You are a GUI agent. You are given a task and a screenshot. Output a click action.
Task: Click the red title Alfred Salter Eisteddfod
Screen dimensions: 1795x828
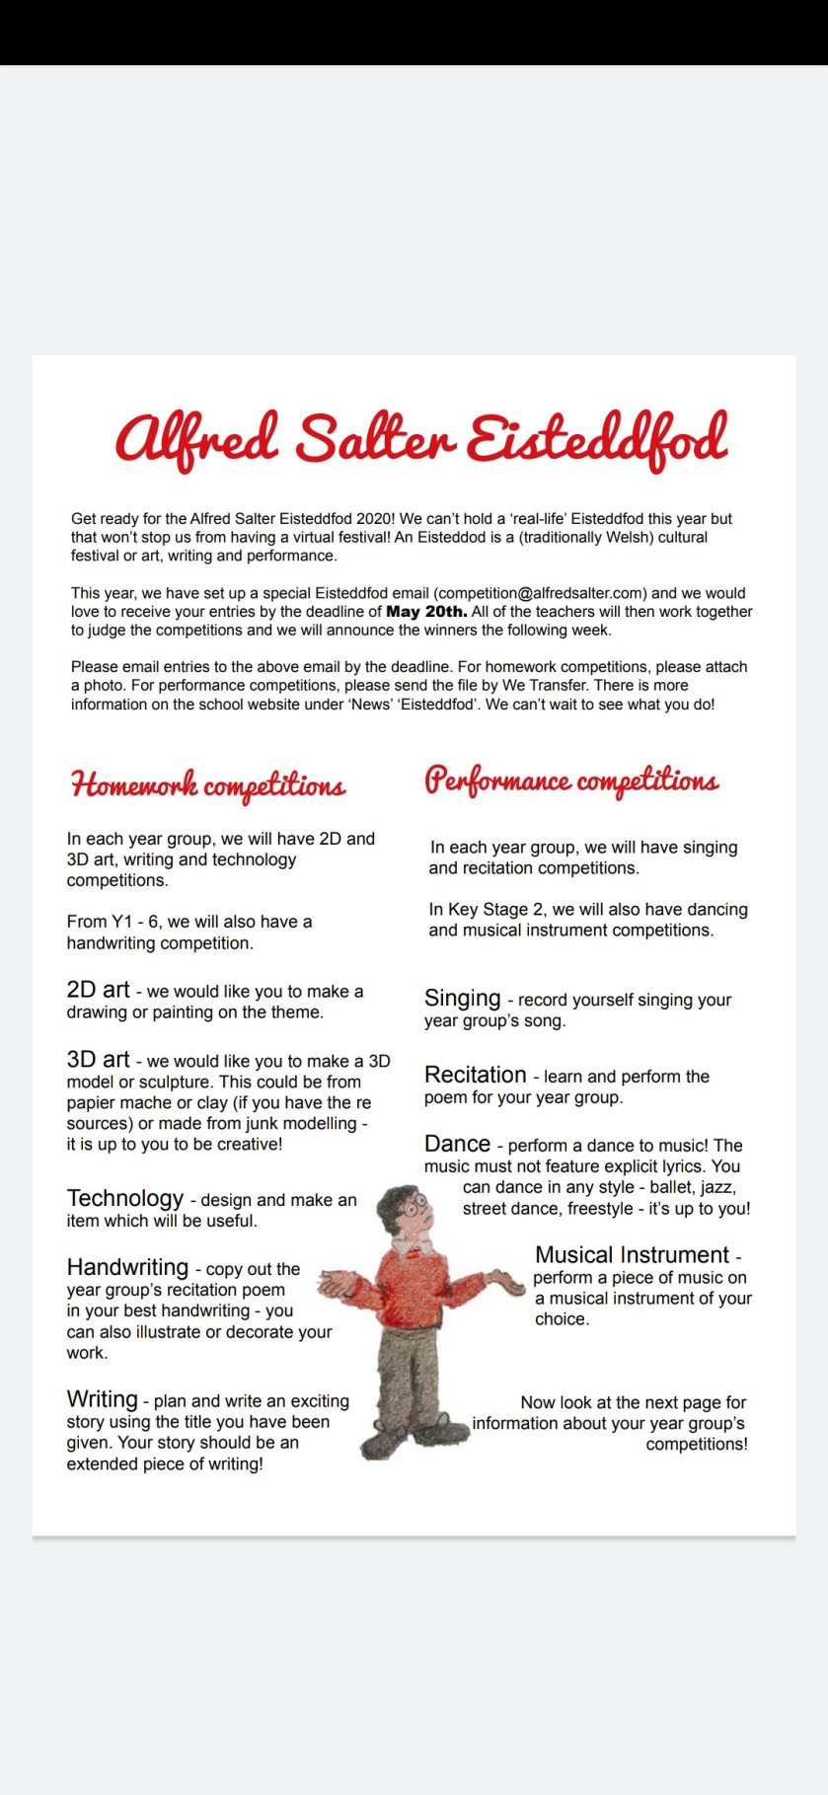pyautogui.click(x=421, y=439)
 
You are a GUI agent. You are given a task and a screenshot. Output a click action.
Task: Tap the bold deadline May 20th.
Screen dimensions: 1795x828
pyautogui.click(x=426, y=612)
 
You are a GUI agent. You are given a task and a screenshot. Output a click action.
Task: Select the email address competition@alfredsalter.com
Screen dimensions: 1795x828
pyautogui.click(x=542, y=593)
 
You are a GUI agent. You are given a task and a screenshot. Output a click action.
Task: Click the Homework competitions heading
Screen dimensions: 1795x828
pyautogui.click(x=208, y=785)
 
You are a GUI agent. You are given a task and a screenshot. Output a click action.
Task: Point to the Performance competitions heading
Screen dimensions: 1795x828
pyautogui.click(x=571, y=781)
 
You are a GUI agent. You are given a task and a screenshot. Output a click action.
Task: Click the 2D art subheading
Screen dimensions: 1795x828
pyautogui.click(x=98, y=990)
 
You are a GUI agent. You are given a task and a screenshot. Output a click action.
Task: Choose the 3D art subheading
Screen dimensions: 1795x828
pyautogui.click(x=98, y=1059)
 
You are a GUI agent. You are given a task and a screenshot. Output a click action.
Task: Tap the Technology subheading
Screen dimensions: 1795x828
pyautogui.click(x=125, y=1198)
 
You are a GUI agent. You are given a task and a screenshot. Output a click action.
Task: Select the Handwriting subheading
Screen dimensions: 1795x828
pyautogui.click(x=127, y=1267)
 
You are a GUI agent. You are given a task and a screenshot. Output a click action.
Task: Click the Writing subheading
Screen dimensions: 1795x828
pyautogui.click(x=102, y=1399)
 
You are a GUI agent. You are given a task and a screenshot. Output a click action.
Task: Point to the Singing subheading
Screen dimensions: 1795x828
pyautogui.click(x=462, y=998)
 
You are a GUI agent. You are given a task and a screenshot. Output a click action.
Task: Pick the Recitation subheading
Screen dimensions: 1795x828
pyautogui.click(x=475, y=1075)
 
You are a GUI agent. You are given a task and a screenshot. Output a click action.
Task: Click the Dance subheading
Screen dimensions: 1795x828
pyautogui.click(x=457, y=1144)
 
